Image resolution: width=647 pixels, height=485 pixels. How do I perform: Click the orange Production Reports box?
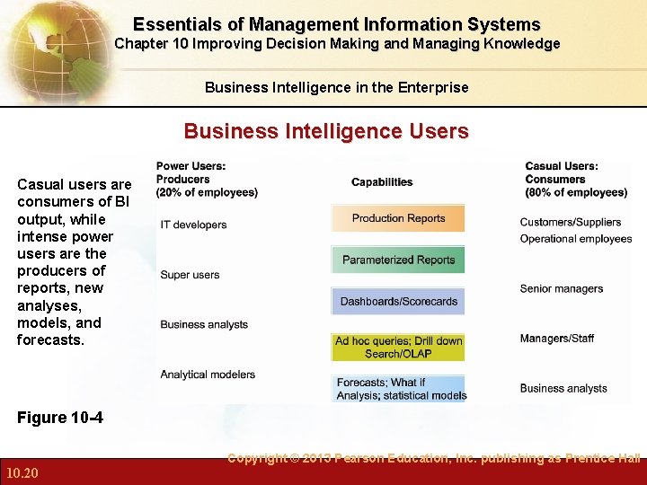click(398, 218)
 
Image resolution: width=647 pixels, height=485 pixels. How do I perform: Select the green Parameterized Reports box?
click(398, 260)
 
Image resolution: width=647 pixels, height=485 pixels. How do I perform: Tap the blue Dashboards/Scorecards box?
click(398, 301)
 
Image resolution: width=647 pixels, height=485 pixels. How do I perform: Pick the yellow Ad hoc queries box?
click(398, 347)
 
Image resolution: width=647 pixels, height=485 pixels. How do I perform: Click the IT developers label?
click(193, 225)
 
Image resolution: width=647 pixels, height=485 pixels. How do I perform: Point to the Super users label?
click(190, 275)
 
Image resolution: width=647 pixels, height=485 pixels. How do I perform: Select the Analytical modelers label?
click(208, 375)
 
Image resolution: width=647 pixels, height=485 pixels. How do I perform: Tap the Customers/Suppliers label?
click(570, 222)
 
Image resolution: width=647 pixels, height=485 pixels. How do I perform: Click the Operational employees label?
click(575, 239)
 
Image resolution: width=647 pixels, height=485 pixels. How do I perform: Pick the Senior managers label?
click(561, 288)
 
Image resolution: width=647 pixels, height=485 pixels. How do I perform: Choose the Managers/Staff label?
click(556, 339)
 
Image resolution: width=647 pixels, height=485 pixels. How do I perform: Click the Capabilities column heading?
click(382, 182)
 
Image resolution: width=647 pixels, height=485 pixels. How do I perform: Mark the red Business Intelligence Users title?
click(326, 132)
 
